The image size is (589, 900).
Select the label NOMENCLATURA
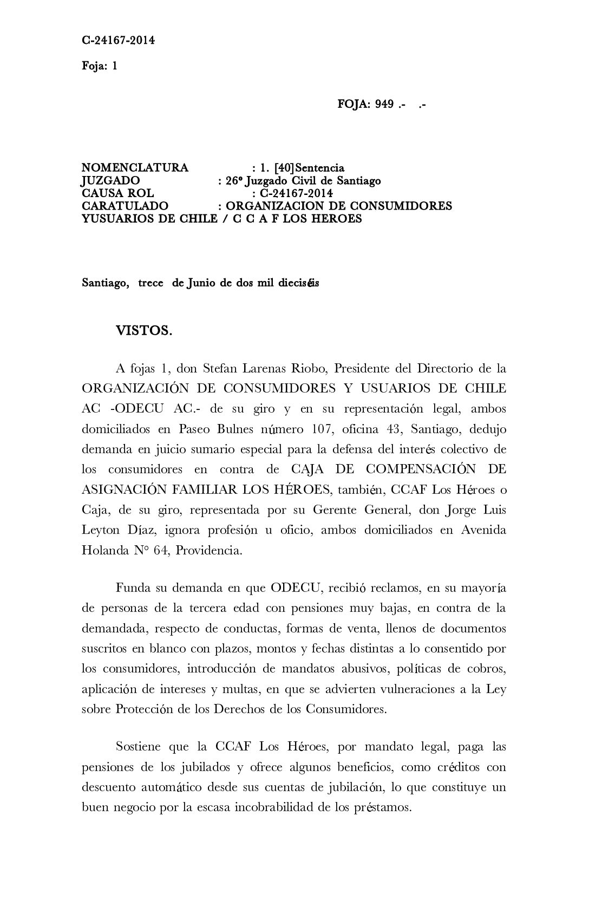pos(135,168)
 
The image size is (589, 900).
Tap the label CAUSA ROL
pos(117,193)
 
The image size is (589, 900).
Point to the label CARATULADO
pos(125,206)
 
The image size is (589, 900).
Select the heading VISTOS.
pos(144,331)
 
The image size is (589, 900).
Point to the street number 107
pos(322,429)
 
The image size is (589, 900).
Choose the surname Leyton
pos(101,530)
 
